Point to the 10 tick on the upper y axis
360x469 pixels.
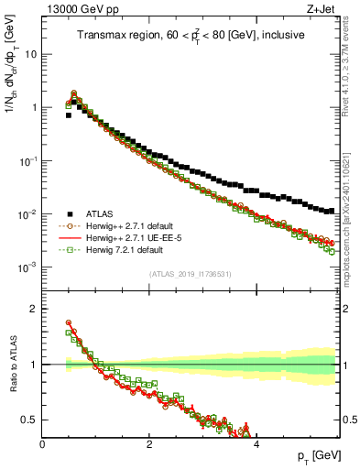[31, 54]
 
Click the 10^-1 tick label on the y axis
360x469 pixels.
[27, 161]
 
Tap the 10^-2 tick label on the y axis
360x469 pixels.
[27, 214]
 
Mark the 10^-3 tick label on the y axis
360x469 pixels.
[27, 267]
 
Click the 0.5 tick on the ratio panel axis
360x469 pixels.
[29, 420]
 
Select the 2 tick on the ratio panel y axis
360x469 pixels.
[35, 309]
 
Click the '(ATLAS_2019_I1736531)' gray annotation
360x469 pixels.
[191, 273]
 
